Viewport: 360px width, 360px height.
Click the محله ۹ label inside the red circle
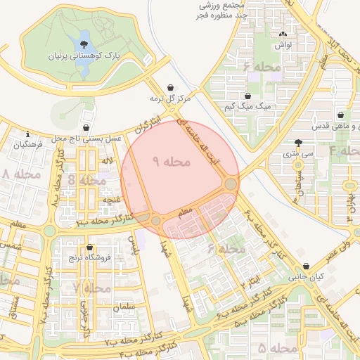[172, 161]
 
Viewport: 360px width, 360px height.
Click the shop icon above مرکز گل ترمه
[170, 88]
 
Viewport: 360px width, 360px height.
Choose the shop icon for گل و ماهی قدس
[341, 115]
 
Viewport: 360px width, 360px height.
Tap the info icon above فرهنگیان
[27, 134]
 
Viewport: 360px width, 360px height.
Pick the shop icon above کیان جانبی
[306, 266]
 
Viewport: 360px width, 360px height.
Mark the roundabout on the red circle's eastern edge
[231, 184]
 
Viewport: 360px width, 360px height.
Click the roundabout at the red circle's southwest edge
[155, 221]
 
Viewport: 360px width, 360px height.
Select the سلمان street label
[123, 307]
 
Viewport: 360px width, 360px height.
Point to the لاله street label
[107, 162]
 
